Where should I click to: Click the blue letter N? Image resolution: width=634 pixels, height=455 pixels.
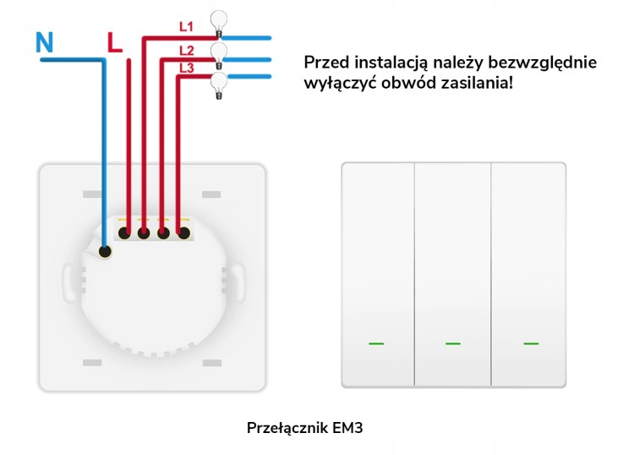coord(44,42)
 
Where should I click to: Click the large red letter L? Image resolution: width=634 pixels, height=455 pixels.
coord(114,42)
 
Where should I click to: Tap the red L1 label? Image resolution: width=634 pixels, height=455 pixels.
coord(187,27)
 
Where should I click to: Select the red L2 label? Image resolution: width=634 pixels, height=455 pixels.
coord(187,51)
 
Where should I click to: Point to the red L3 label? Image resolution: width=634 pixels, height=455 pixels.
coord(187,68)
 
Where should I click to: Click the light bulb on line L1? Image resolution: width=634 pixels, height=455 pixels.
coord(219,24)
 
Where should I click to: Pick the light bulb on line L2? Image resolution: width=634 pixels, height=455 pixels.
coord(219,56)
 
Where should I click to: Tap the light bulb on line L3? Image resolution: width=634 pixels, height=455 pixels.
coord(219,85)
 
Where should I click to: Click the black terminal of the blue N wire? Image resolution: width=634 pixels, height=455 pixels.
coord(105,251)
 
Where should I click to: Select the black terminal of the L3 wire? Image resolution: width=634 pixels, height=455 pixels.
coord(184,233)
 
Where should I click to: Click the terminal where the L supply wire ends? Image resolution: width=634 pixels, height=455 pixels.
coord(124,233)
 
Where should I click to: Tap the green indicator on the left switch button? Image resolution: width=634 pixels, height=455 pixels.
coord(376,343)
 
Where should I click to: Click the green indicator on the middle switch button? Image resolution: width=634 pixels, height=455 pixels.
coord(453,343)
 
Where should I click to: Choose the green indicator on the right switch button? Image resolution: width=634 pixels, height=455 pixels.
coord(531,343)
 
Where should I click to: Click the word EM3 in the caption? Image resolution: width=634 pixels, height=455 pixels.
coord(347,428)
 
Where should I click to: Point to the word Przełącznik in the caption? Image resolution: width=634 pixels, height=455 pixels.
coord(287,428)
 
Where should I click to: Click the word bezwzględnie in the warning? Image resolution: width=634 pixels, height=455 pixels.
coord(542,63)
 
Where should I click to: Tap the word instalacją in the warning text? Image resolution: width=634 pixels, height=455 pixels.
coord(391,63)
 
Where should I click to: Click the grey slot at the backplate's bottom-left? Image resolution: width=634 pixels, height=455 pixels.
coord(92,363)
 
